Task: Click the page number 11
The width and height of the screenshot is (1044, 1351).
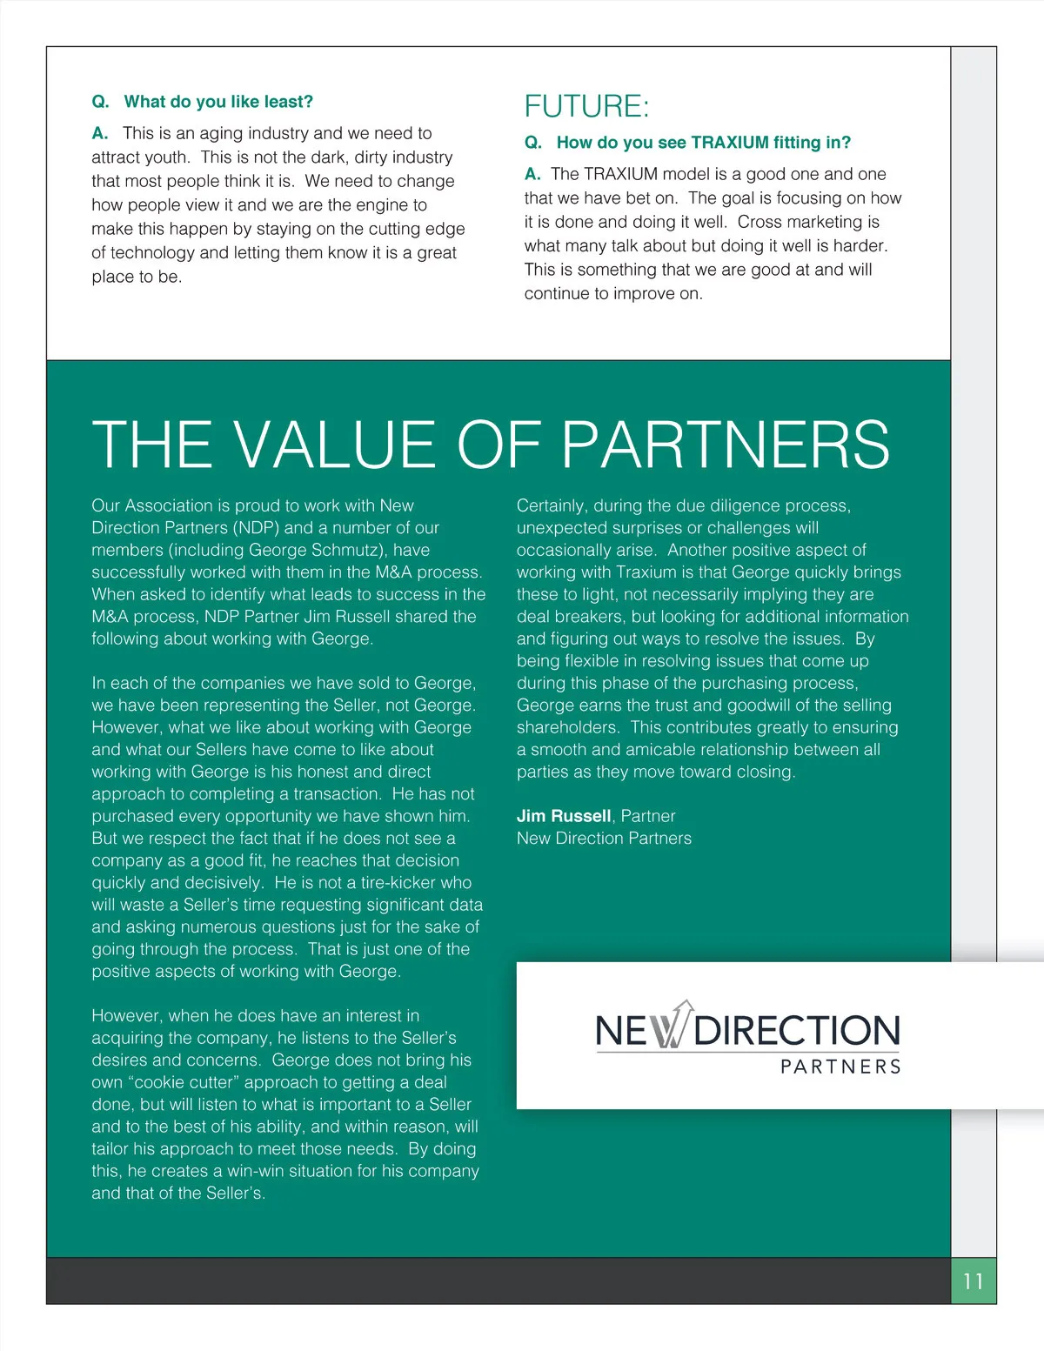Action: pyautogui.click(x=973, y=1281)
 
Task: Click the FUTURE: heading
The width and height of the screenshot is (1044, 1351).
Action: pyautogui.click(x=586, y=107)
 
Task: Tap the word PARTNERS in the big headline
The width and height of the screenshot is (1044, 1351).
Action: pyautogui.click(x=726, y=445)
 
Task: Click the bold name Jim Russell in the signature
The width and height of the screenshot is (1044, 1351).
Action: pyautogui.click(x=564, y=816)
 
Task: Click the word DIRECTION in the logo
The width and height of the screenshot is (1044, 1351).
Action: pyautogui.click(x=797, y=1032)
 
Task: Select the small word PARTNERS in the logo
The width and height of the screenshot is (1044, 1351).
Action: pyautogui.click(x=840, y=1067)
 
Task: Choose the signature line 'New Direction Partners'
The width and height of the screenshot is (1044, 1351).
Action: pyautogui.click(x=604, y=839)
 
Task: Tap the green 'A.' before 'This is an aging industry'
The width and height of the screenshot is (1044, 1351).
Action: pyautogui.click(x=100, y=133)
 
